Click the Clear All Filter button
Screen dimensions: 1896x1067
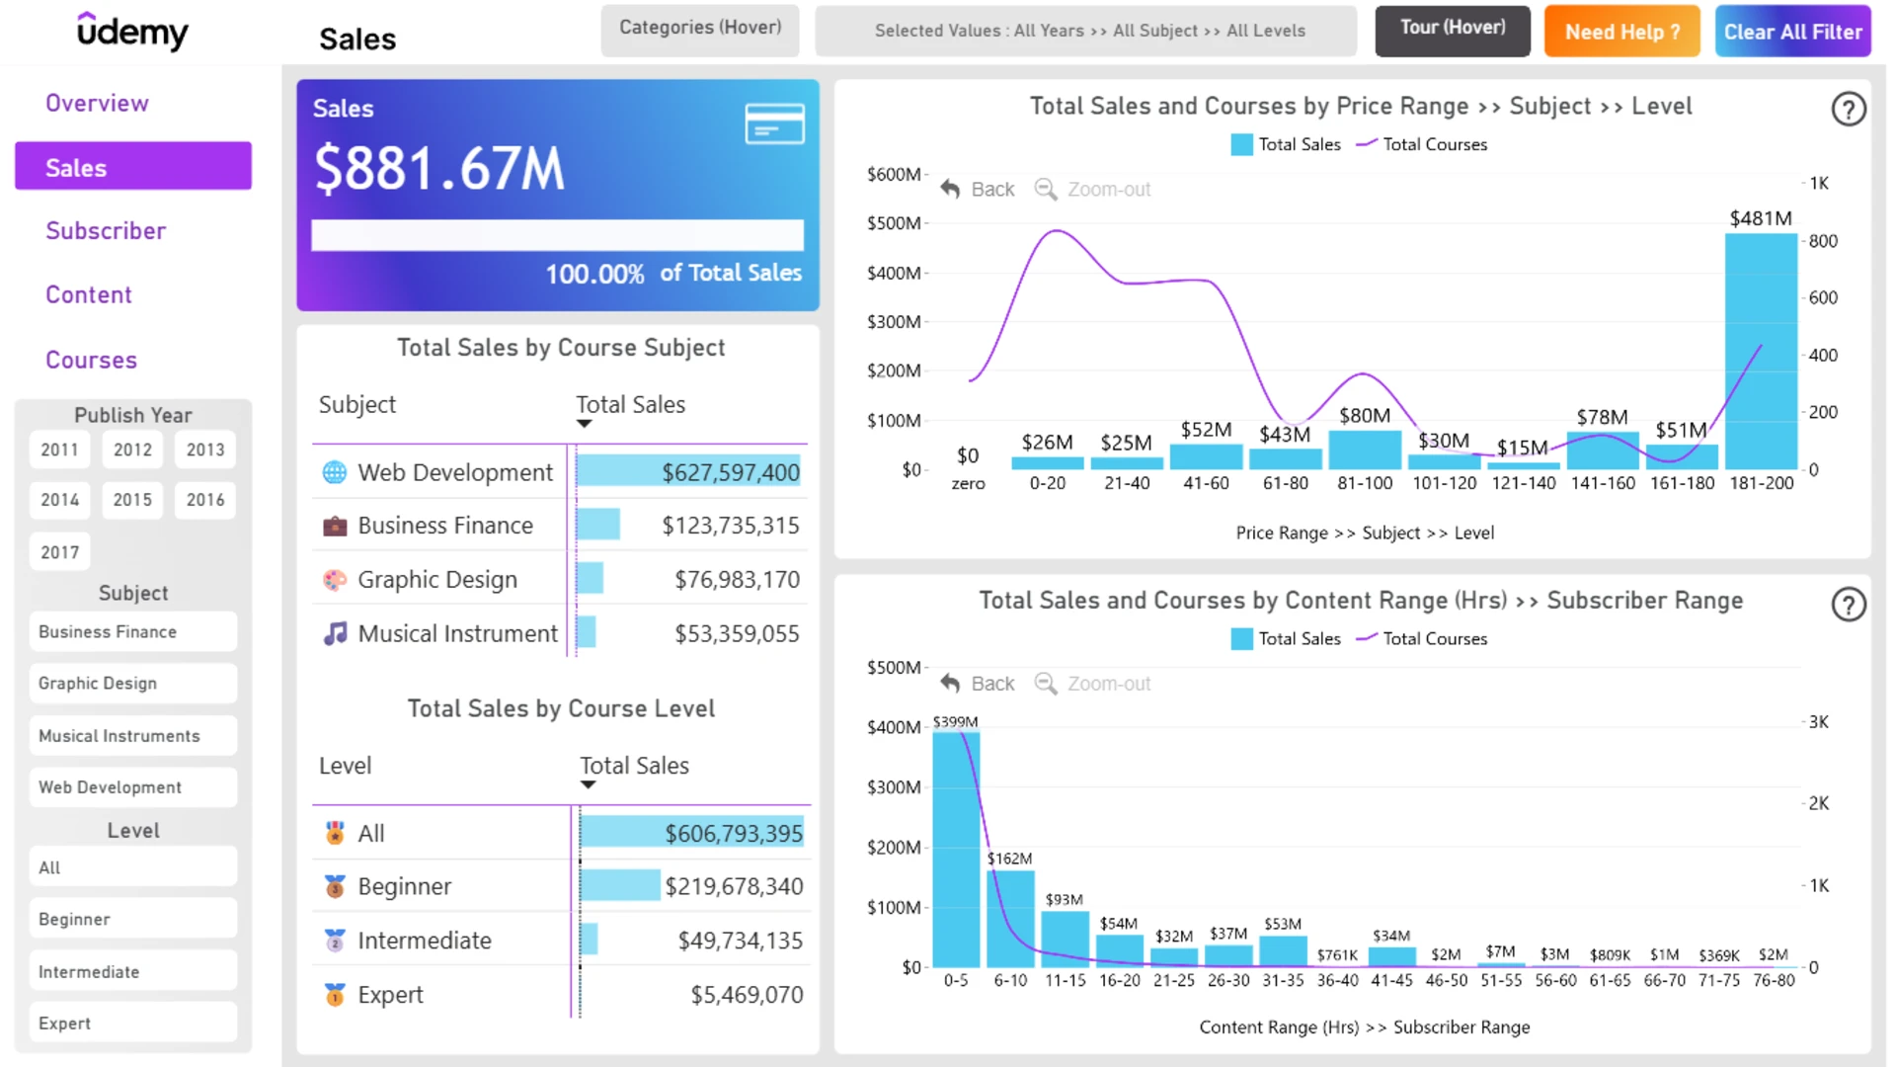pyautogui.click(x=1792, y=32)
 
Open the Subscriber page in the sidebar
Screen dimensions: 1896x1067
pyautogui.click(x=106, y=231)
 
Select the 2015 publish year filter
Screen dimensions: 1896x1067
pyautogui.click(x=132, y=500)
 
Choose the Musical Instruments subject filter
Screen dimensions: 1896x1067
pyautogui.click(x=133, y=736)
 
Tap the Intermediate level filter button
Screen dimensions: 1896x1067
pyautogui.click(x=133, y=972)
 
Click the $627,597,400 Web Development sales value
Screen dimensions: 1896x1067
pyautogui.click(x=731, y=473)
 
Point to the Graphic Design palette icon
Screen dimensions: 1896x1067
pyautogui.click(x=335, y=580)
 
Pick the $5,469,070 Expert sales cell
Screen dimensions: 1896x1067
pyautogui.click(x=747, y=995)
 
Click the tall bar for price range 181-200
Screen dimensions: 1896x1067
pyautogui.click(x=1761, y=352)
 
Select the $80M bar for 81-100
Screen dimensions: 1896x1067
pyautogui.click(x=1365, y=450)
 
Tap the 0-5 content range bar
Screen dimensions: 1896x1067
pyautogui.click(x=956, y=850)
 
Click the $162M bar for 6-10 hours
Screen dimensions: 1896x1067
pyautogui.click(x=1010, y=919)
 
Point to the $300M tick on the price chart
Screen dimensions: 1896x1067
pyautogui.click(x=894, y=322)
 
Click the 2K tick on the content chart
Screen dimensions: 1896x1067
pyautogui.click(x=1819, y=804)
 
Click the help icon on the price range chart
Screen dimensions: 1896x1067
pyautogui.click(x=1849, y=109)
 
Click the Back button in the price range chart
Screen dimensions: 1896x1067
pyautogui.click(x=978, y=189)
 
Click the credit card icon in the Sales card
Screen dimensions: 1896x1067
pyautogui.click(x=774, y=123)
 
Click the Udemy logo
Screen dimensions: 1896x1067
pyautogui.click(x=132, y=32)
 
